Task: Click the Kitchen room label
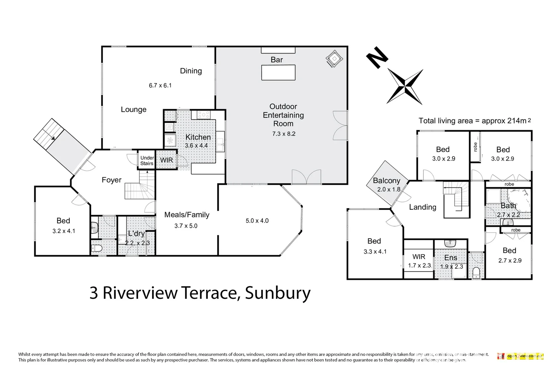(x=198, y=137)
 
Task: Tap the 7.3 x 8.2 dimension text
(x=284, y=134)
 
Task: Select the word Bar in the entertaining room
(x=277, y=60)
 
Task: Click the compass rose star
(x=405, y=87)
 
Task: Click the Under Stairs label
(x=147, y=161)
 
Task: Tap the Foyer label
(x=111, y=180)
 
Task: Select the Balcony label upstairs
(x=386, y=181)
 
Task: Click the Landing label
(x=423, y=207)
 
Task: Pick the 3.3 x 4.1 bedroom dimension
(x=375, y=251)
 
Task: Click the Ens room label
(x=451, y=258)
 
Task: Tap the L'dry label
(x=136, y=233)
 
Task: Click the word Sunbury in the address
(x=278, y=293)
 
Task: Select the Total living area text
(x=475, y=121)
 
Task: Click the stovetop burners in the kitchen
(x=203, y=115)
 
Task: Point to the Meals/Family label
(x=187, y=215)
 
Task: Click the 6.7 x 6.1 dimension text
(x=160, y=85)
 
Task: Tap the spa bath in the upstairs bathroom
(x=519, y=201)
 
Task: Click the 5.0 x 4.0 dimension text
(x=257, y=221)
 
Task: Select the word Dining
(x=191, y=71)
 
